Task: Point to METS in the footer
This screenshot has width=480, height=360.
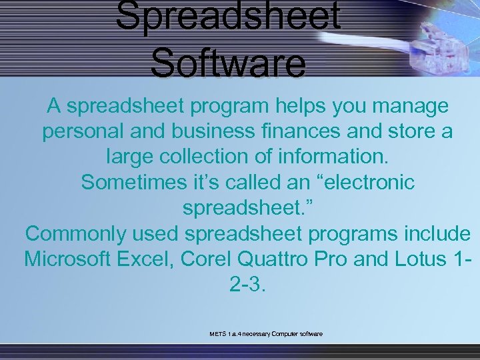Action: click(217, 333)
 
